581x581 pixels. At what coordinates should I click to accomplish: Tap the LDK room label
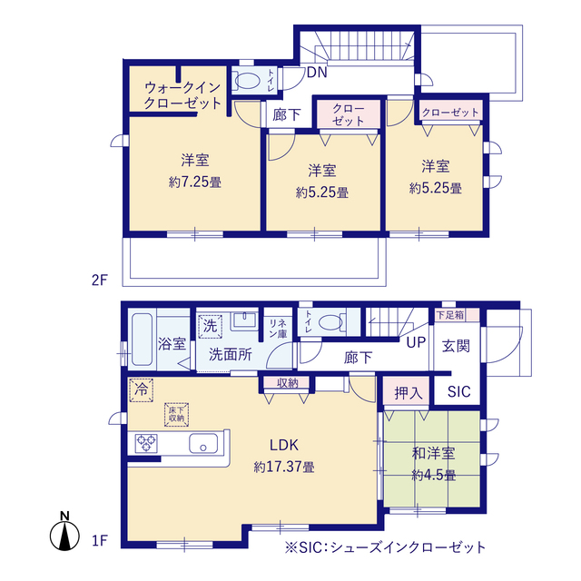click(x=284, y=445)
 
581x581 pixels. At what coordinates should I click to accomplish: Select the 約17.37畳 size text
click(x=284, y=467)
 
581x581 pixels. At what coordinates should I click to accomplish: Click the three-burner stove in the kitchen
click(x=146, y=443)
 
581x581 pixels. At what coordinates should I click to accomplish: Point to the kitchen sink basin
click(x=203, y=443)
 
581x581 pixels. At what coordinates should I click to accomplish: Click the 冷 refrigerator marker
click(x=142, y=389)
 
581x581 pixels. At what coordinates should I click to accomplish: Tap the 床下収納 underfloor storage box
click(x=176, y=415)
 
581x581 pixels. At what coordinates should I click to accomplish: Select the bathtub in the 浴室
click(x=143, y=340)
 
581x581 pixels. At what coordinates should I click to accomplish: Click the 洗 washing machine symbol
click(x=210, y=327)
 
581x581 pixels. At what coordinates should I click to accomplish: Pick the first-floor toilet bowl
click(x=330, y=322)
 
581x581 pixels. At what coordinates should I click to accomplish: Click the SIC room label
click(x=458, y=391)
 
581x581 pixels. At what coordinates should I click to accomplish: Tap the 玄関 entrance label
click(x=456, y=346)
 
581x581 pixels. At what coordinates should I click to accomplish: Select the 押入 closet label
click(x=409, y=393)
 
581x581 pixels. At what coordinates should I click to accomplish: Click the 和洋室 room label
click(x=434, y=453)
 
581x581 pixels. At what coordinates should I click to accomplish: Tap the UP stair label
click(x=416, y=343)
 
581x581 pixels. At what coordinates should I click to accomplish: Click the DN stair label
click(x=317, y=73)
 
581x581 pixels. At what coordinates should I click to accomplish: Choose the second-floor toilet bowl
click(x=248, y=80)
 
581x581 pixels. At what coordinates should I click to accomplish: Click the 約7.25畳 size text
click(x=195, y=182)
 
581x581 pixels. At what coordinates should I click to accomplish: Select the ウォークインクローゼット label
click(x=182, y=95)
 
